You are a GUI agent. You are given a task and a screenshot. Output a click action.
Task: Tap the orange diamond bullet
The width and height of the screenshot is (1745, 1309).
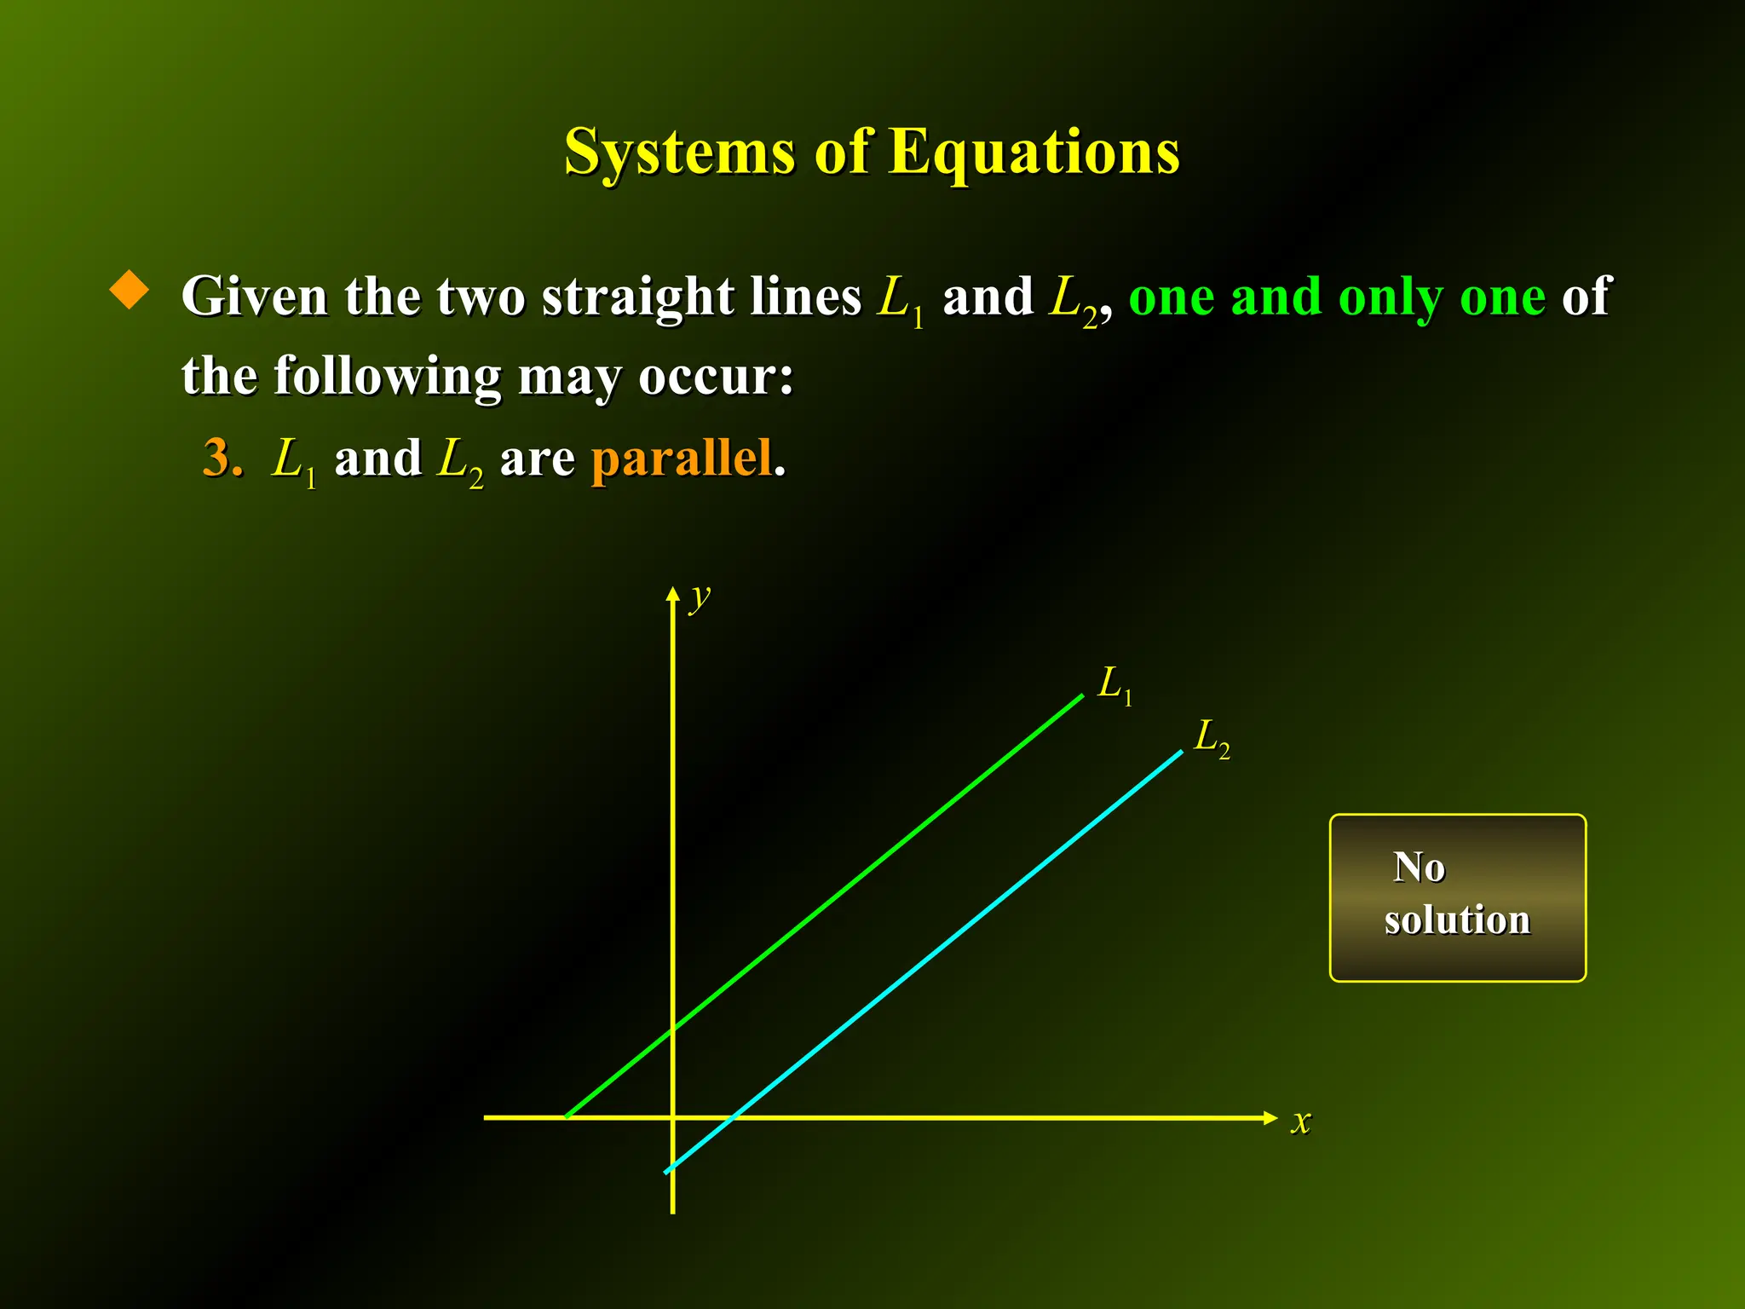(130, 290)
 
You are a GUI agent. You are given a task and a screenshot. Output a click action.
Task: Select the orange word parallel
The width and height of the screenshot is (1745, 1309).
(682, 458)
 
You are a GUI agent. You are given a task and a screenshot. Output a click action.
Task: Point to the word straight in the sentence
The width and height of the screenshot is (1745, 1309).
(637, 298)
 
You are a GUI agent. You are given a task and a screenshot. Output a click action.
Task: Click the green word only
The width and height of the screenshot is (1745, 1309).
(1391, 298)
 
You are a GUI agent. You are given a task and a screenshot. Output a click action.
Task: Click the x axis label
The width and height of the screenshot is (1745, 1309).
(1300, 1121)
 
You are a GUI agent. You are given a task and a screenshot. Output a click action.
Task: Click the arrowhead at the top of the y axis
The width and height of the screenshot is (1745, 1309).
(673, 593)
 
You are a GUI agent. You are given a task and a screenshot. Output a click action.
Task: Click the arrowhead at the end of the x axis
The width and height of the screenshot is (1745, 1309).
(1270, 1118)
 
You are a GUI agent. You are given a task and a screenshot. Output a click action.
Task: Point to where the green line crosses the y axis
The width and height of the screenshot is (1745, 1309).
(673, 1029)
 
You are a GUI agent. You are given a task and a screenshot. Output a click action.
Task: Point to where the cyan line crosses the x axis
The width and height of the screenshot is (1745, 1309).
(734, 1117)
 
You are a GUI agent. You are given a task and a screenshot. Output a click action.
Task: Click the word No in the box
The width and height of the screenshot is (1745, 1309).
(1419, 868)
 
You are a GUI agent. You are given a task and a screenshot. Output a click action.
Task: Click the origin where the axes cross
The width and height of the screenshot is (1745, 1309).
(673, 1117)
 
